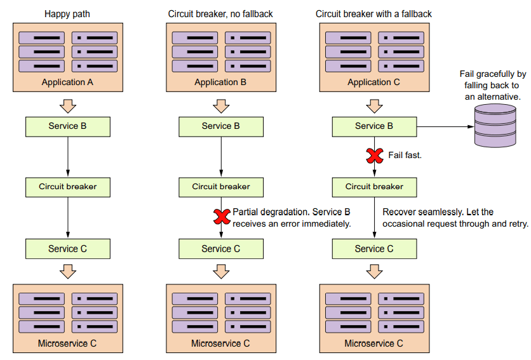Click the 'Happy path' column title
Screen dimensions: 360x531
(67, 13)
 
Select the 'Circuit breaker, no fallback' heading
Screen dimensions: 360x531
(220, 13)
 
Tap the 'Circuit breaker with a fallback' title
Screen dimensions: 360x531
(373, 13)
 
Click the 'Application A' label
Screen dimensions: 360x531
(67, 82)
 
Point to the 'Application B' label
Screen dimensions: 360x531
(220, 82)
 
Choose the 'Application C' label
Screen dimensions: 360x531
(373, 82)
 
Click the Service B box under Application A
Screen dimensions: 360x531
(67, 126)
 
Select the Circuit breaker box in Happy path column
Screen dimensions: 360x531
(67, 187)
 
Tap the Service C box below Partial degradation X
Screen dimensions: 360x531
(220, 248)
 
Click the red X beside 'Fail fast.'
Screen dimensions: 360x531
(374, 155)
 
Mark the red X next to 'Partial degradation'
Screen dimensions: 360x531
(221, 217)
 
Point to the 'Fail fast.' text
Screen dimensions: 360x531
(405, 155)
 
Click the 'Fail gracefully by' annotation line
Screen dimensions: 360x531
(494, 74)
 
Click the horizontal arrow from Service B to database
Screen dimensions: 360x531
(445, 126)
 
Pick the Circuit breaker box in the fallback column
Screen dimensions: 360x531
(374, 187)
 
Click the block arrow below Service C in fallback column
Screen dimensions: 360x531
(374, 272)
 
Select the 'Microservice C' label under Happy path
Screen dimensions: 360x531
(67, 343)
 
